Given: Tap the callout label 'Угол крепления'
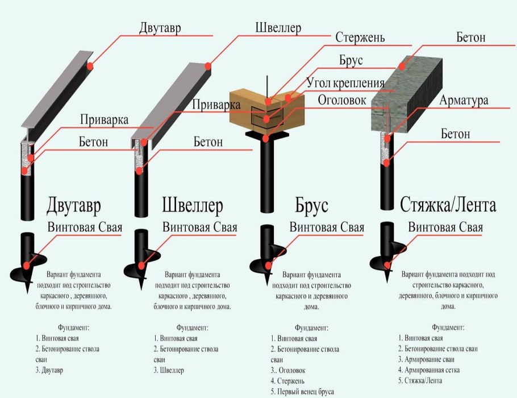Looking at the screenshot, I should click(345, 82).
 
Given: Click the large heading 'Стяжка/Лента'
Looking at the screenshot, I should click(440, 205).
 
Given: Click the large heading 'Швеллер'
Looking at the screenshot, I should click(193, 205).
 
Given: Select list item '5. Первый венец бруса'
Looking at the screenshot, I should click(302, 391).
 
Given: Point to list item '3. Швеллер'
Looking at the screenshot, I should click(169, 370).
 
